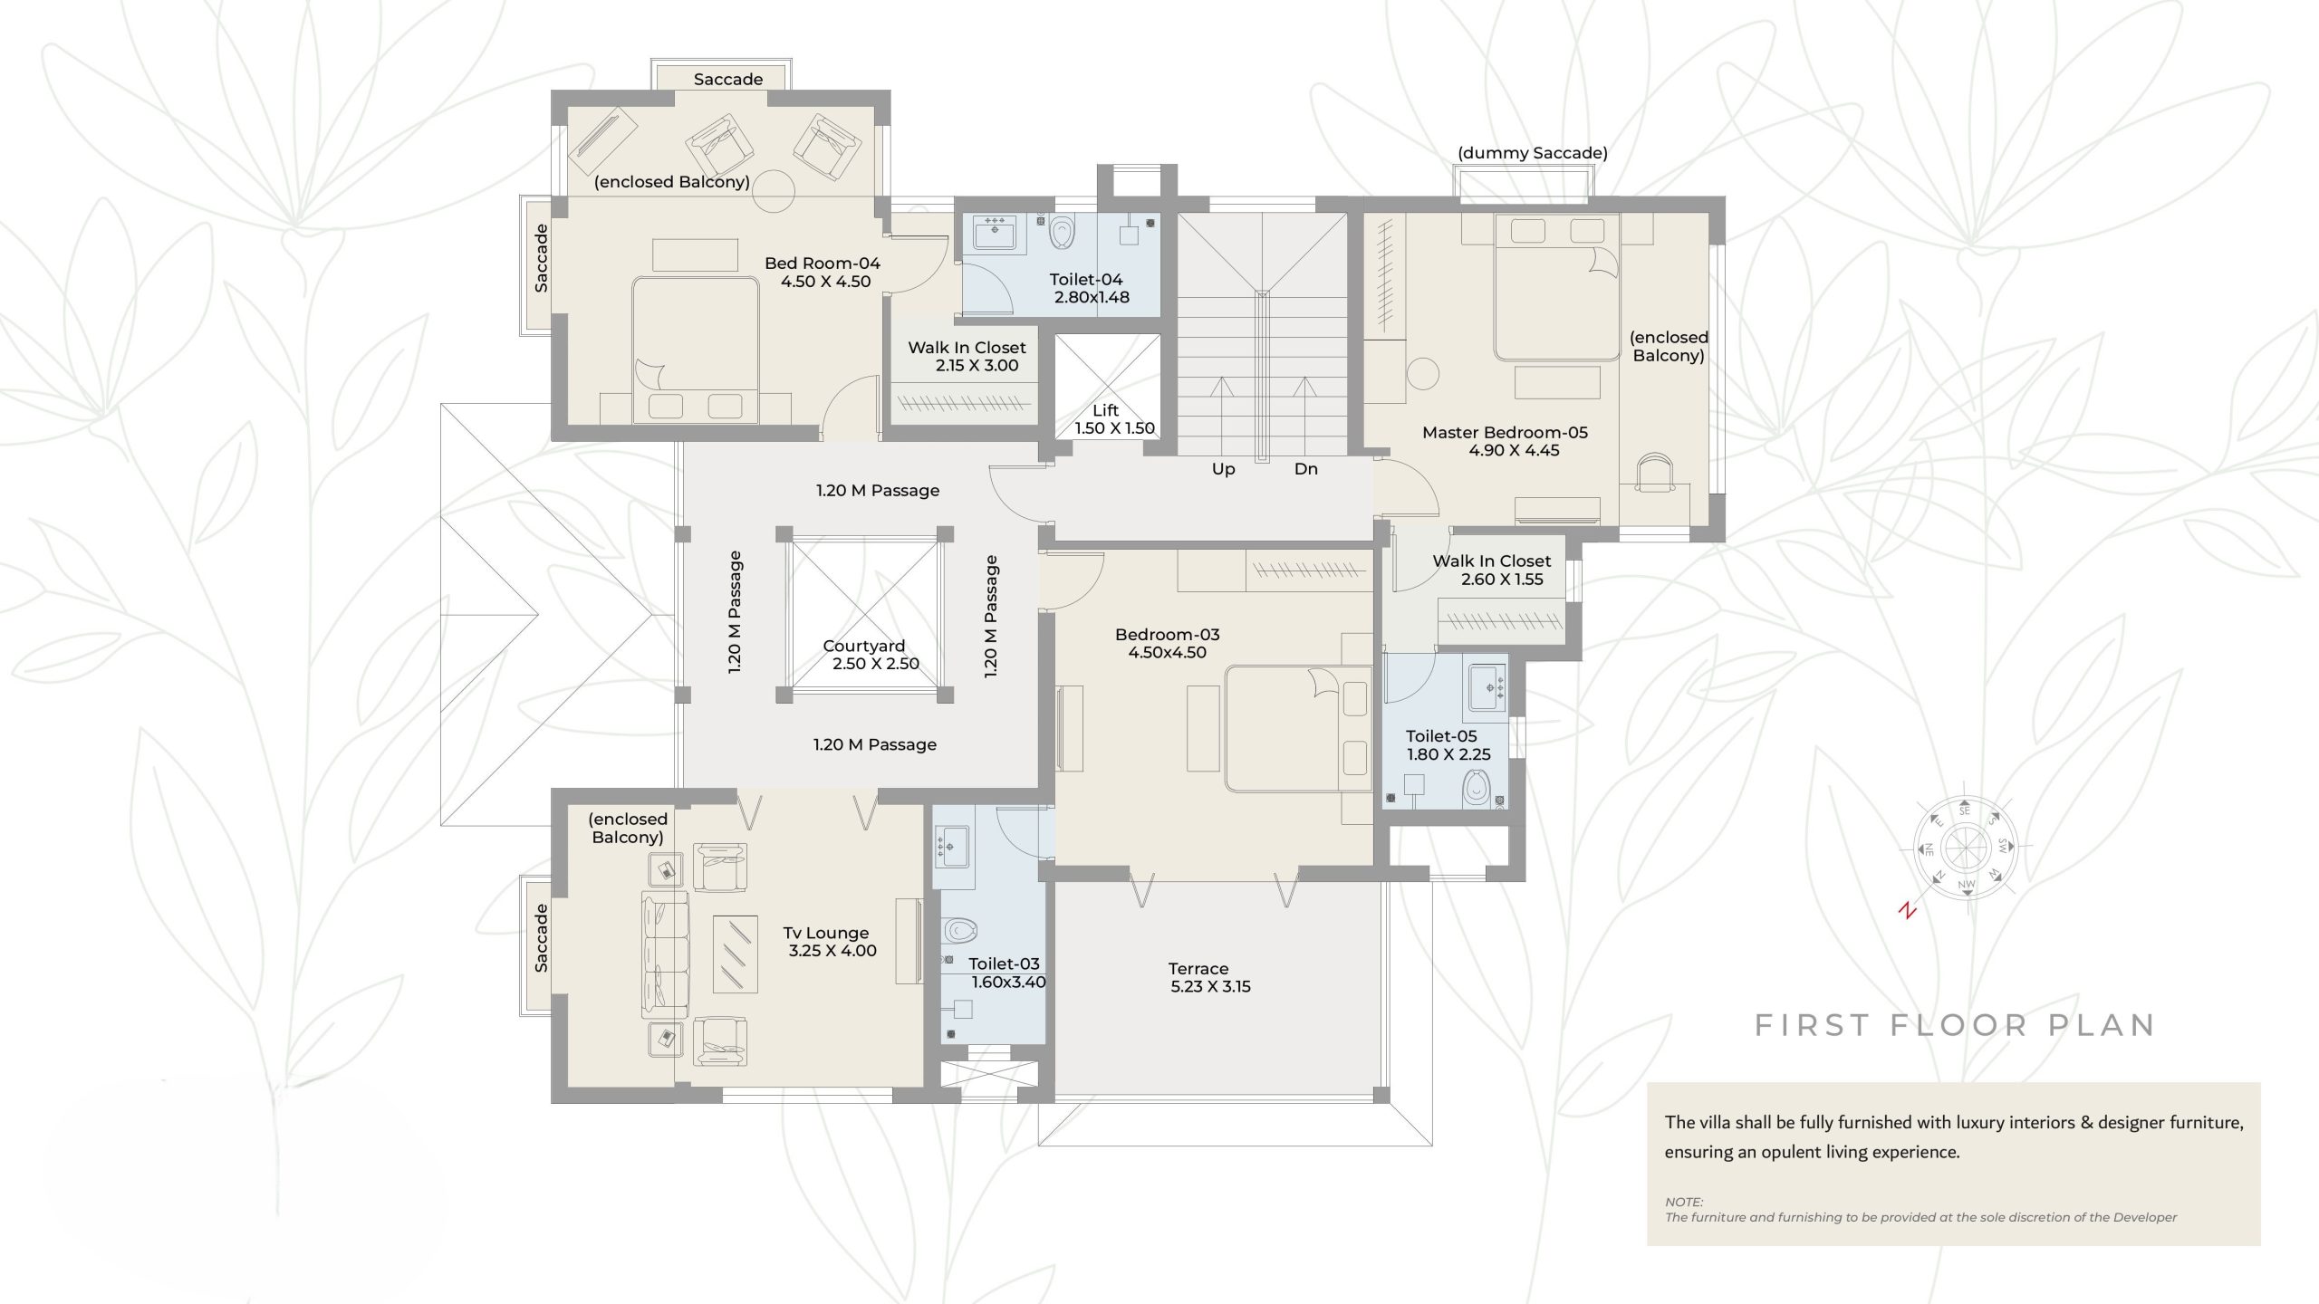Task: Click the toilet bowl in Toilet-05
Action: pos(1476,787)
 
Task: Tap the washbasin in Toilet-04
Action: pos(995,232)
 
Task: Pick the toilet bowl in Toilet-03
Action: pos(959,930)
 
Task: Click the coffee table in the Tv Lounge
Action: pos(736,954)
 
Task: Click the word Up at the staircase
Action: pos(1223,469)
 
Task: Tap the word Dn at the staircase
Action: pos(1305,469)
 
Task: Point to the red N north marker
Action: pos(1908,911)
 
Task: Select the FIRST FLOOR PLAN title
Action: pos(1955,1025)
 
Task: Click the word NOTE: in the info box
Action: pos(1684,1203)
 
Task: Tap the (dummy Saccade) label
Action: pos(1533,153)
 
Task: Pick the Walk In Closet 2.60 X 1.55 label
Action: pos(1493,570)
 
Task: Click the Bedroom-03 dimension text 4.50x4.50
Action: pos(1167,653)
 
